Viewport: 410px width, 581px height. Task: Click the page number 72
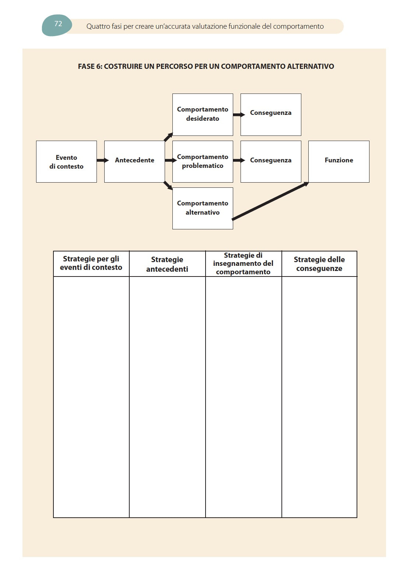pyautogui.click(x=58, y=24)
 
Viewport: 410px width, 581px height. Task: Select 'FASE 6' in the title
pyautogui.click(x=90, y=67)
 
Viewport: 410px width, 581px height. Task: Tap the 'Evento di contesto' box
pyautogui.click(x=66, y=162)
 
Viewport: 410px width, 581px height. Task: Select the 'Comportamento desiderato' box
pyautogui.click(x=203, y=115)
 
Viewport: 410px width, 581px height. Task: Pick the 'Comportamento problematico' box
pyautogui.click(x=203, y=162)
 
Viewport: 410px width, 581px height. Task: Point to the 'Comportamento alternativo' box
pyautogui.click(x=203, y=208)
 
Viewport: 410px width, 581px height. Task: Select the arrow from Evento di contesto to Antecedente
pyautogui.click(x=102, y=161)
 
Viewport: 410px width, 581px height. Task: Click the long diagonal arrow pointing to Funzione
pyautogui.click(x=270, y=201)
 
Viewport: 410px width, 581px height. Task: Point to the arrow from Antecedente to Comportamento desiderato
pyautogui.click(x=168, y=137)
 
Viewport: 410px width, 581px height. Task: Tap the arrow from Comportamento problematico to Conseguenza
pyautogui.click(x=238, y=161)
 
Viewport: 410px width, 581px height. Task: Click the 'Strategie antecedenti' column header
pyautogui.click(x=167, y=264)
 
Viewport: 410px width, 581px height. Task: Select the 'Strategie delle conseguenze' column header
pyautogui.click(x=319, y=264)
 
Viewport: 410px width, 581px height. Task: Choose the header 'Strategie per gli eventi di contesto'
pyautogui.click(x=91, y=263)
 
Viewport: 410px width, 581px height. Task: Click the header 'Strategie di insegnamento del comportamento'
pyautogui.click(x=243, y=264)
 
